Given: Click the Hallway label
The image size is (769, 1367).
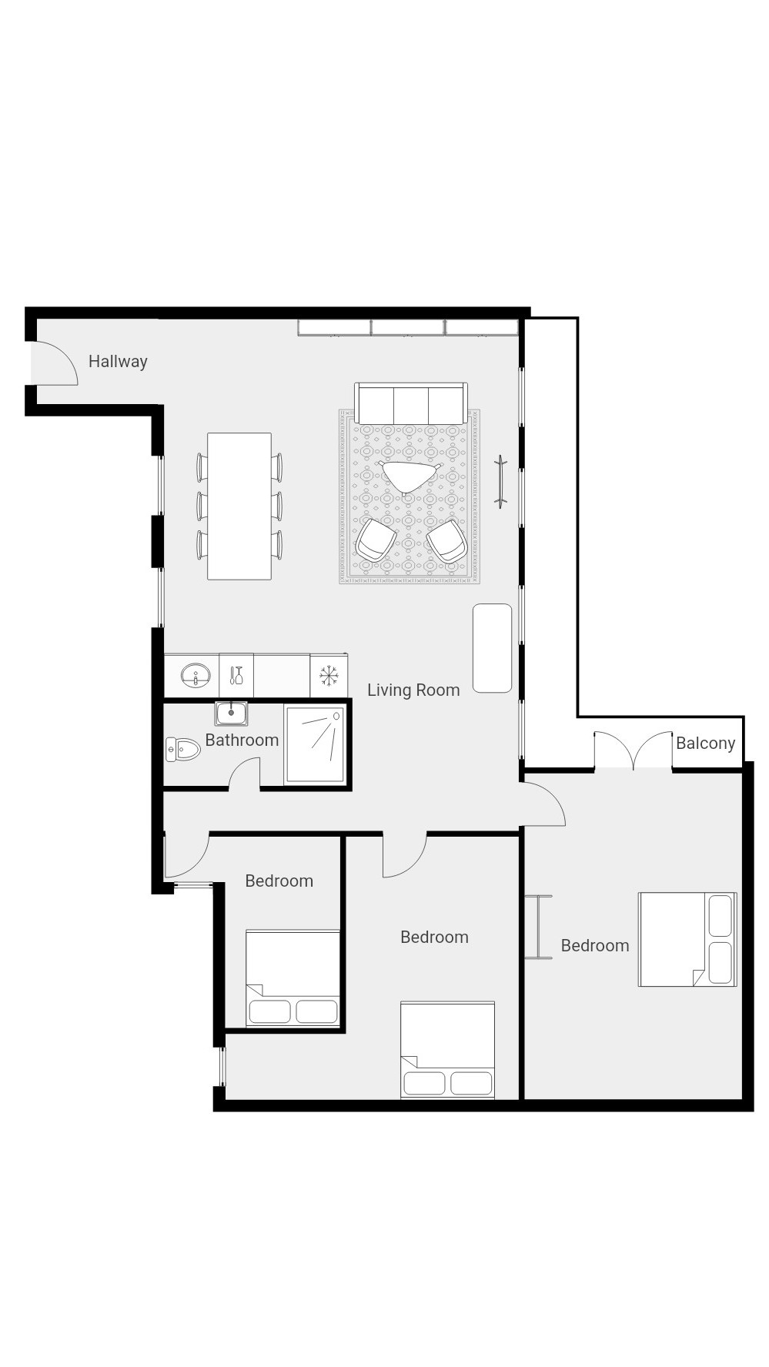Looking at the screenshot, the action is coord(118,361).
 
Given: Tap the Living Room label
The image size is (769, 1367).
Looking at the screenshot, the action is coord(413,690).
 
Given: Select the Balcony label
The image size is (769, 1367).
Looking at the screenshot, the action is coord(705,743).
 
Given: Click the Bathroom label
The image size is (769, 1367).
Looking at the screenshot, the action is coord(242,740).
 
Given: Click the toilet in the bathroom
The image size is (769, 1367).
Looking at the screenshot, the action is coord(182,749).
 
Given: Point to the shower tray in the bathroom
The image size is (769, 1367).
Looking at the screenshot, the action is coord(315,744).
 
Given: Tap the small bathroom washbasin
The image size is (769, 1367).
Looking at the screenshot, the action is coord(231,714).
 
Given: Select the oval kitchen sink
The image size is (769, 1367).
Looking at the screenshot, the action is coord(196,676).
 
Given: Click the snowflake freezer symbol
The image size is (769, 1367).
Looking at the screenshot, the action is coord(329,676).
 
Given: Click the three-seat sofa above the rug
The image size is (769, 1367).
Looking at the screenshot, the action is coord(411,403).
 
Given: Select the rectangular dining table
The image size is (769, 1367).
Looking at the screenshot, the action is coord(239,506).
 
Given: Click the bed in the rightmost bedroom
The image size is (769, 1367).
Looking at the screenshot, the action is coord(687,939).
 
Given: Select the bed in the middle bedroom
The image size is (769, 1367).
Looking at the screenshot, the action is coord(447,1050).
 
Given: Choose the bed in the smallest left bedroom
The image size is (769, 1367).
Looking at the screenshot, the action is coord(293,978).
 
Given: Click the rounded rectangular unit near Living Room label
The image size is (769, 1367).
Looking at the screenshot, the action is coord(492,648).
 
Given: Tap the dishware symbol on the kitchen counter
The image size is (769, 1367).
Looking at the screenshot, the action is coord(236,675).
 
